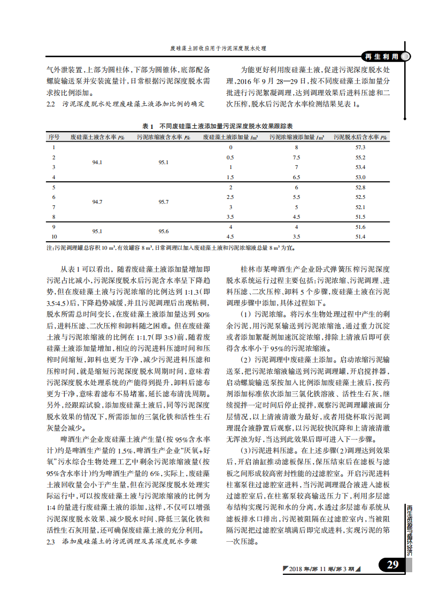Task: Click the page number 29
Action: tap(393, 565)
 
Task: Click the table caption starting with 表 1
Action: tap(218, 126)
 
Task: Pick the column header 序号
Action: tap(54, 137)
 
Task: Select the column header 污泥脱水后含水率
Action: tap(360, 137)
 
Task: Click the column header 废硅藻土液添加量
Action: tap(231, 137)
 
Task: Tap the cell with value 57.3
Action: tap(360, 147)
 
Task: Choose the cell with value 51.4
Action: tap(360, 236)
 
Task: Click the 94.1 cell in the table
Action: tap(97, 162)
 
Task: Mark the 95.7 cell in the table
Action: tap(164, 202)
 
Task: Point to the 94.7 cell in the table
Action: tap(97, 202)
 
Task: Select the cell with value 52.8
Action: tap(360, 188)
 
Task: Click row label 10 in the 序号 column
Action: tap(54, 236)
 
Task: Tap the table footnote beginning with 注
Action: tap(170, 248)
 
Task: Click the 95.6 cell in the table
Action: tap(164, 232)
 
